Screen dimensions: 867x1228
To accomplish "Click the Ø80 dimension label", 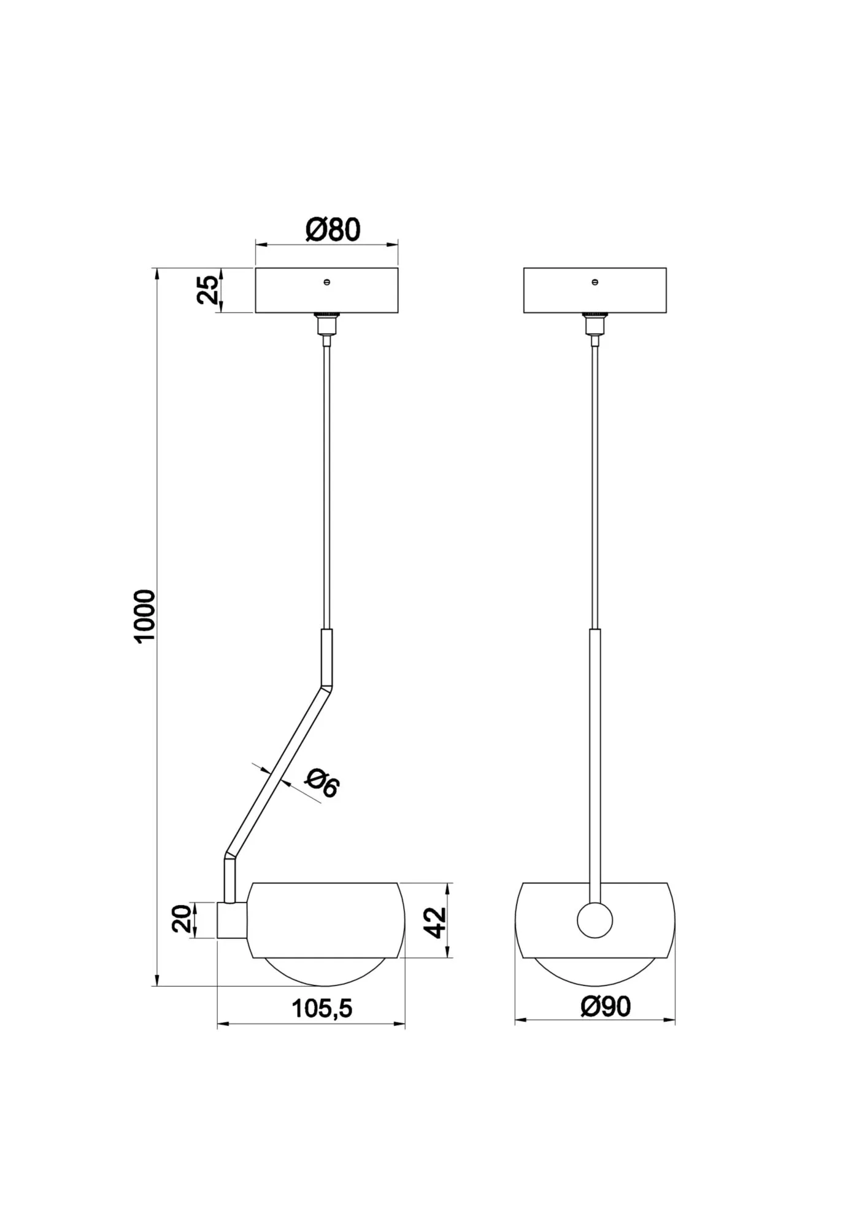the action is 333,230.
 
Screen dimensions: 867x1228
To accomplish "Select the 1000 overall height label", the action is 146,616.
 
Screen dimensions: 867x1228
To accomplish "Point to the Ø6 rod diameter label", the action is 322,783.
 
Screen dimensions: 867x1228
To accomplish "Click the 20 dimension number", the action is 182,919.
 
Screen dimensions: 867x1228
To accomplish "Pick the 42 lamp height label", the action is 435,922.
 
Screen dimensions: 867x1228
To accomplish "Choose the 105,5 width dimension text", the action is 322,1008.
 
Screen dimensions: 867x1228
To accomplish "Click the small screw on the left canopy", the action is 327,282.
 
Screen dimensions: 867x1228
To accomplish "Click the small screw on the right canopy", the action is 595,282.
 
